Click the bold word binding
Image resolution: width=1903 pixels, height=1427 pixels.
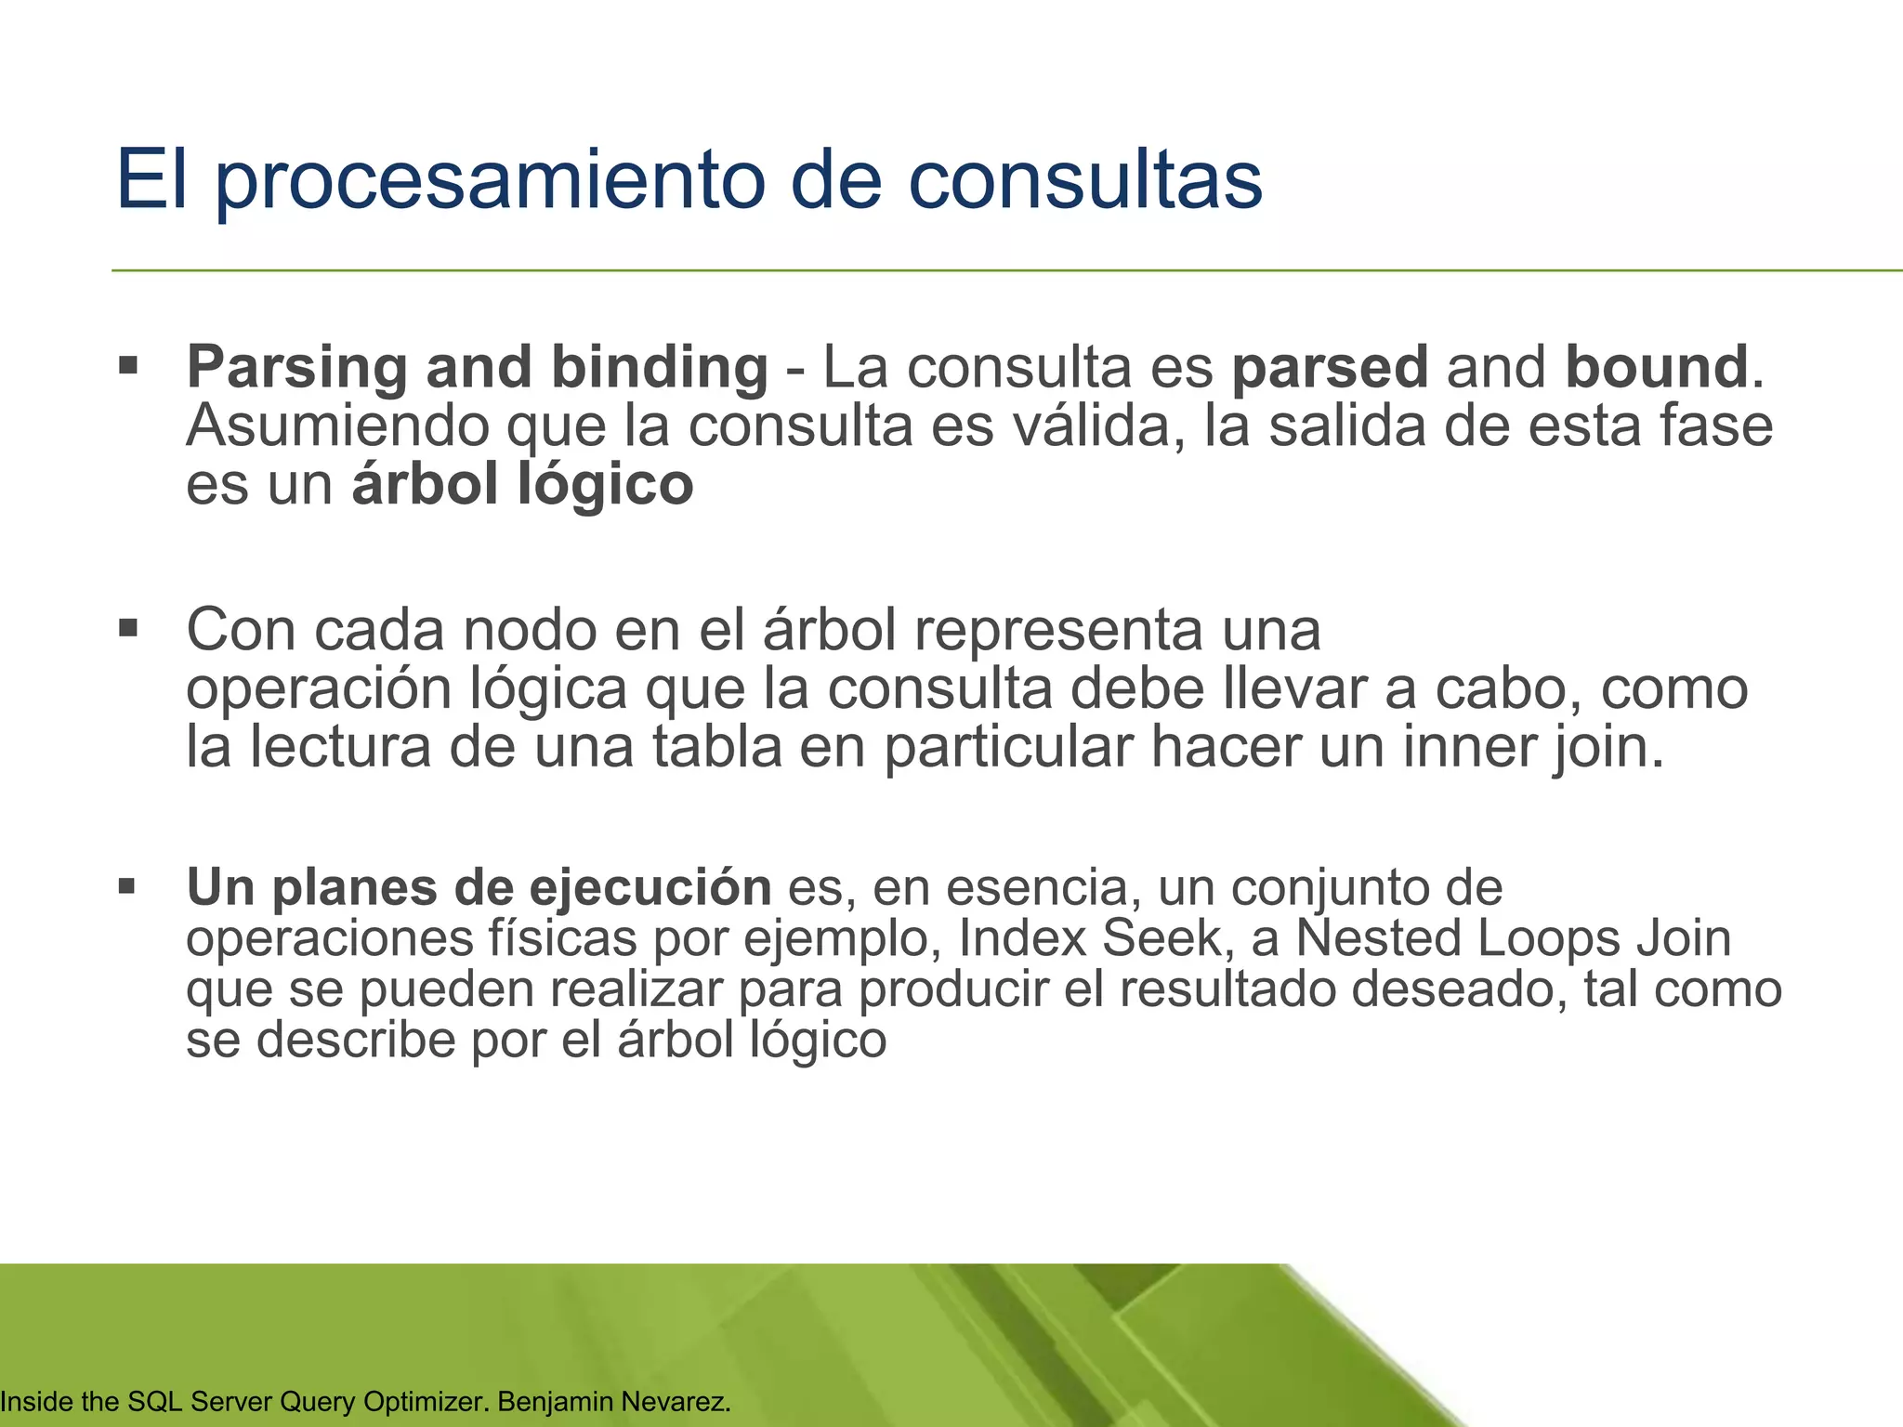click(x=660, y=369)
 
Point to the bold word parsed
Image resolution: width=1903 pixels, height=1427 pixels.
click(x=1330, y=369)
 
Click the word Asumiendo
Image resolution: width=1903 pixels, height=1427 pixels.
click(x=337, y=426)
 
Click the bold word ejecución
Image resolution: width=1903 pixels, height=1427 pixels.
click(x=650, y=888)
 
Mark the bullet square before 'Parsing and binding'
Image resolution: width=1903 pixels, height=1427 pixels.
click(x=128, y=364)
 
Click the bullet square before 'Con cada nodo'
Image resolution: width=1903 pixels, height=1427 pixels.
click(x=128, y=629)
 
